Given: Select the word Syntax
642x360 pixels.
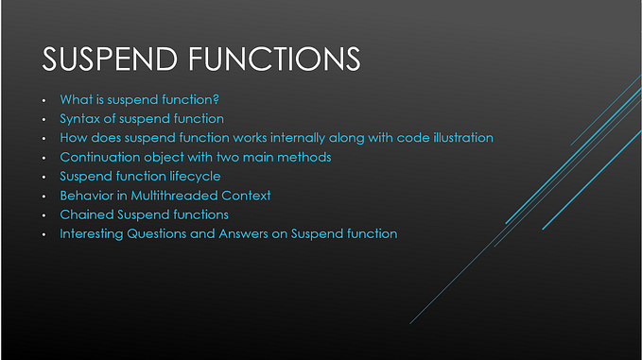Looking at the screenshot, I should (80, 119).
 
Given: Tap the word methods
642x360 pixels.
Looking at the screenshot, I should (305, 157).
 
